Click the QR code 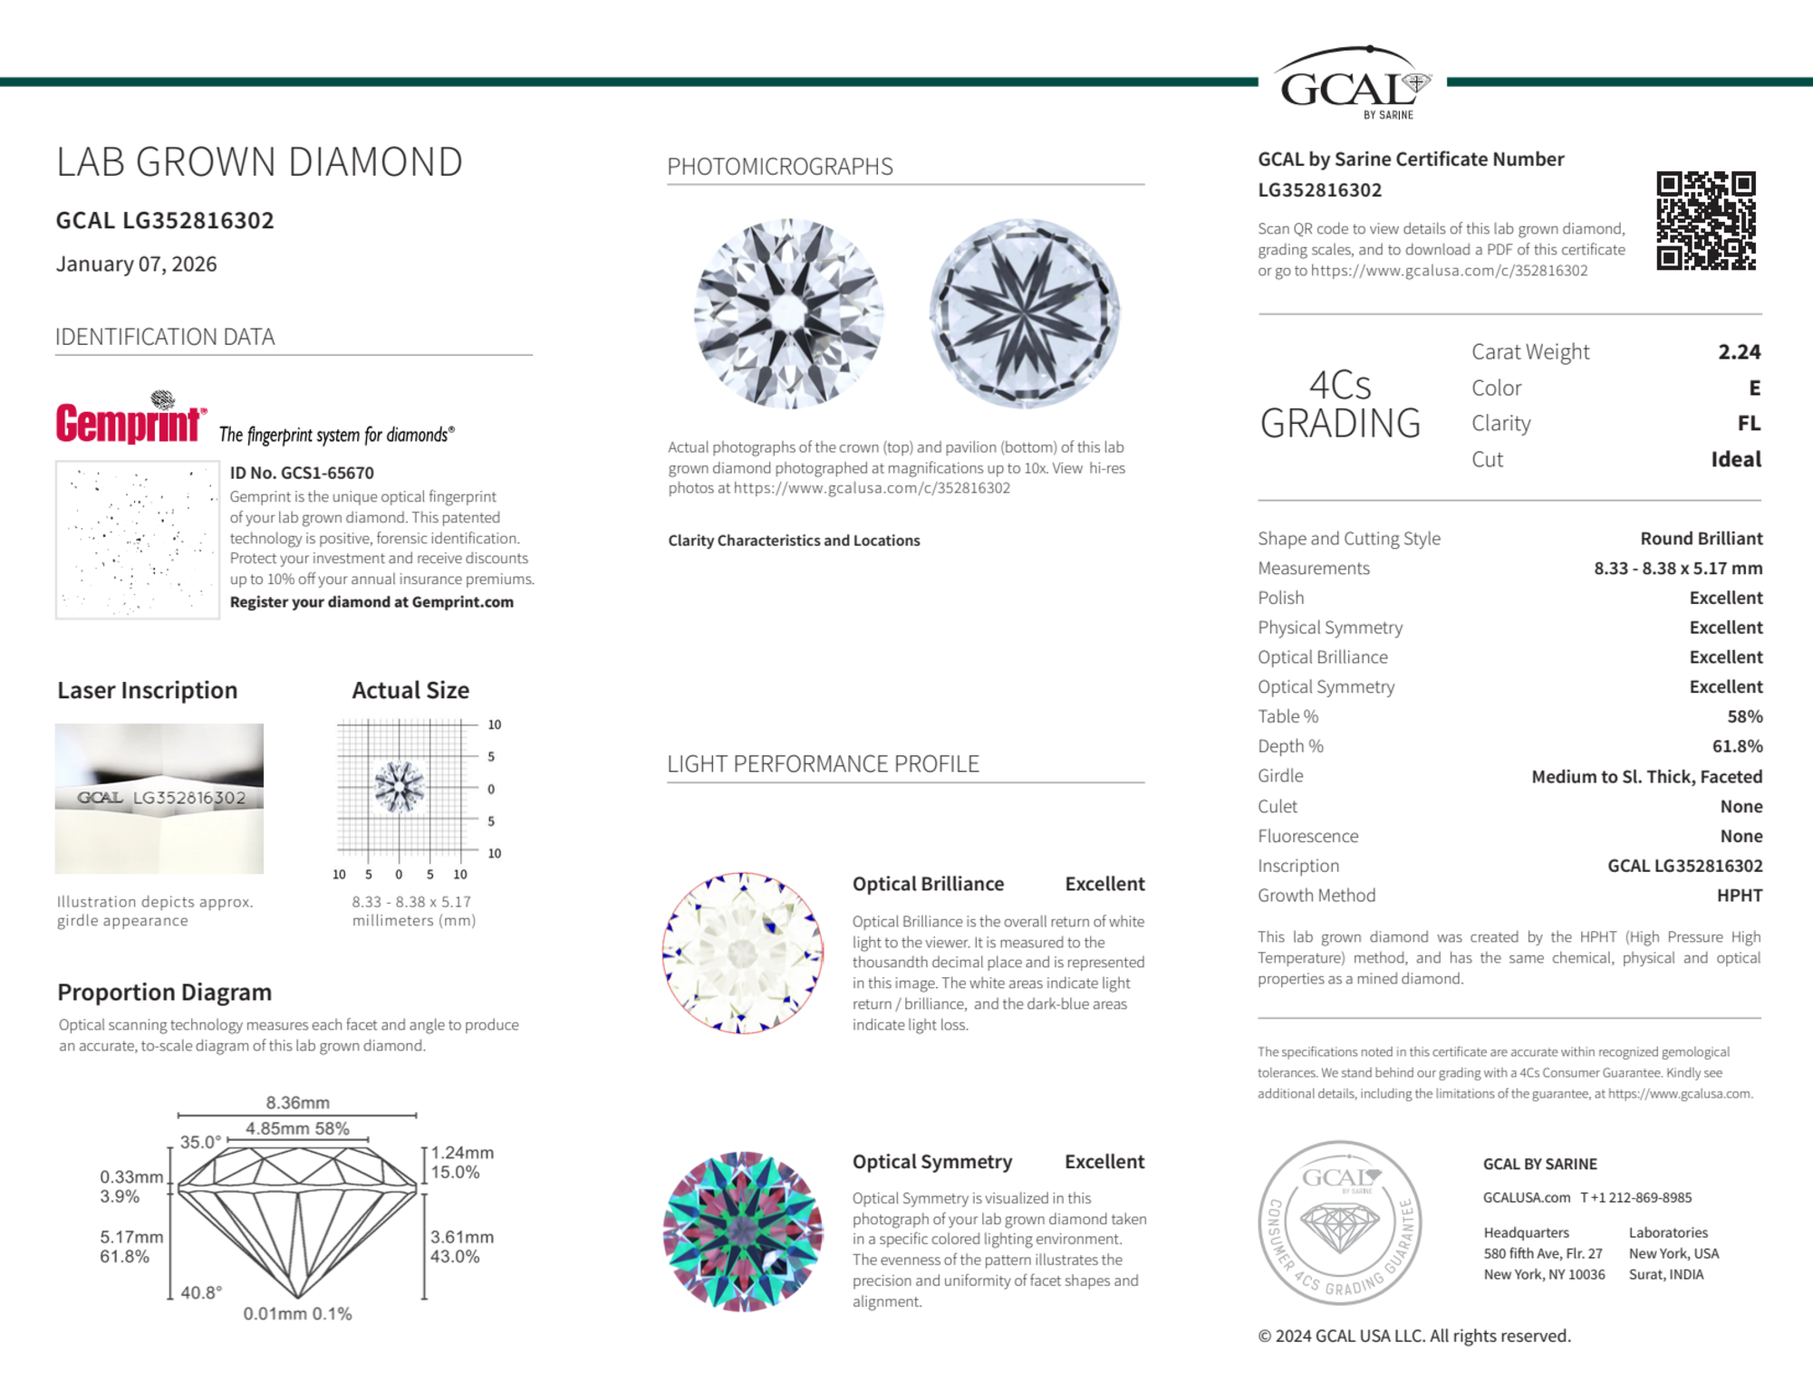[1705, 220]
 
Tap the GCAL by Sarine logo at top [1352, 84]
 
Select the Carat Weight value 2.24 [1739, 351]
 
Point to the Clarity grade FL [1749, 423]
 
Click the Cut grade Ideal [1735, 459]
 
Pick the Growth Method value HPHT [1739, 896]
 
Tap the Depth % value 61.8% [1738, 746]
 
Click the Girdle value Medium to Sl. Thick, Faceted [1646, 776]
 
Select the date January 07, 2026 [137, 264]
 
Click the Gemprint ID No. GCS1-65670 [302, 473]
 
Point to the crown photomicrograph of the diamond [788, 312]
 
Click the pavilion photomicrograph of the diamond [1024, 312]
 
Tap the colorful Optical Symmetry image [743, 1232]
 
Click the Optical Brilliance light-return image [743, 953]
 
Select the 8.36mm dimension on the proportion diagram [297, 1102]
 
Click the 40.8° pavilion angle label [201, 1292]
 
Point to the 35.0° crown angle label [200, 1142]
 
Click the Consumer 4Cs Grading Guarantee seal [1340, 1222]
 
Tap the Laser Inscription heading [148, 690]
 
